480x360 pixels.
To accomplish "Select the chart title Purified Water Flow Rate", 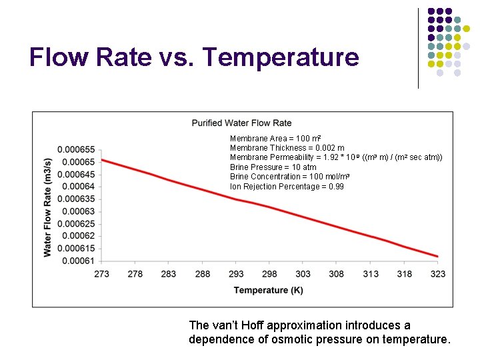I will point(241,123).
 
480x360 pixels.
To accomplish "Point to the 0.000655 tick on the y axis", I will point(76,149).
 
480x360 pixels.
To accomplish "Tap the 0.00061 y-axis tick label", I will point(78,261).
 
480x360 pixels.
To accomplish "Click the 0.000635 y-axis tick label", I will point(76,199).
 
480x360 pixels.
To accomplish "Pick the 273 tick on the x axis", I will point(101,274).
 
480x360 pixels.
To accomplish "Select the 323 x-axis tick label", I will point(438,274).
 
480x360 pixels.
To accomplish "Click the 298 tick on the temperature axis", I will point(269,274).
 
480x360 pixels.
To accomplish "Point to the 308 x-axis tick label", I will point(337,274).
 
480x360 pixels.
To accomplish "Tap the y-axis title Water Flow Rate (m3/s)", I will point(47,207).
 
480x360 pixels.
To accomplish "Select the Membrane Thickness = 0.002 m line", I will point(287,148).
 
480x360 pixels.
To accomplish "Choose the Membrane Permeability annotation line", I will point(335,157).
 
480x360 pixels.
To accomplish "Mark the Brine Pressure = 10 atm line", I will point(273,167).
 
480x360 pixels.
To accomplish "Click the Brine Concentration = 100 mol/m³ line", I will point(289,177).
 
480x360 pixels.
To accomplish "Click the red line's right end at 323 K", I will point(437,256).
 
